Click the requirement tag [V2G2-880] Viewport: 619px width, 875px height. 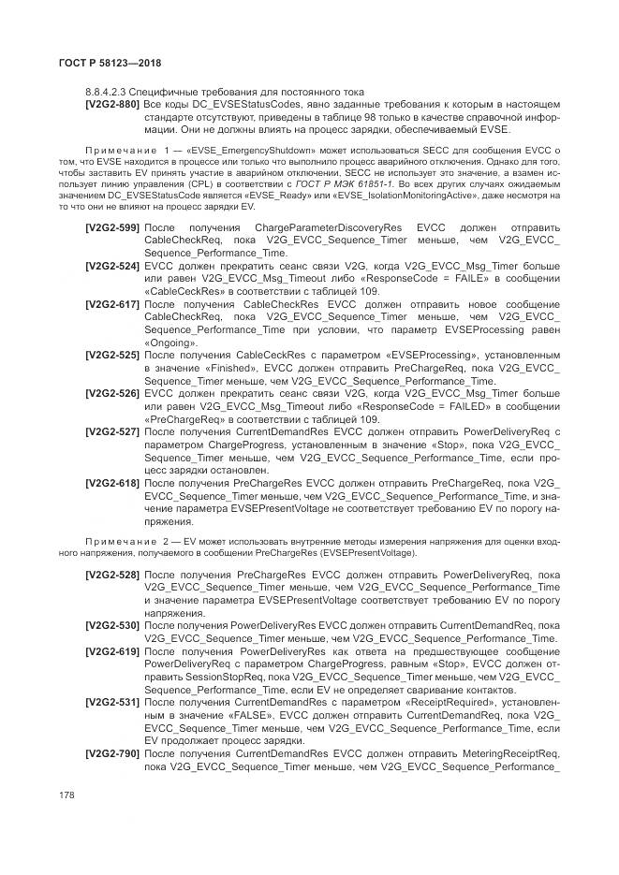pyautogui.click(x=112, y=103)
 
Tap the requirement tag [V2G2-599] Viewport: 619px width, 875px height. pyautogui.click(x=112, y=228)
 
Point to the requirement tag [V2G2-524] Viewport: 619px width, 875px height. pyautogui.click(x=112, y=267)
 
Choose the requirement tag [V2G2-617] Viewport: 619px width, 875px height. pyautogui.click(x=112, y=305)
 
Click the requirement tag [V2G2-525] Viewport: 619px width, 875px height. pyautogui.click(x=112, y=357)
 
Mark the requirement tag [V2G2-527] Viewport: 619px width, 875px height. pyautogui.click(x=112, y=432)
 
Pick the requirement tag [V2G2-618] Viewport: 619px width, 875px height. pyautogui.click(x=112, y=483)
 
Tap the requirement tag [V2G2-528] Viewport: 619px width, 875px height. pyautogui.click(x=112, y=575)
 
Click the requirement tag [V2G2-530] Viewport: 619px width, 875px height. pyautogui.click(x=112, y=625)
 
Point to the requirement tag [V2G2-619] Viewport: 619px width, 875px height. pyautogui.click(x=112, y=650)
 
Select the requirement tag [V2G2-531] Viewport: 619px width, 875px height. pyautogui.click(x=112, y=701)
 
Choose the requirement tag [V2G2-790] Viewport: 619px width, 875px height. pyautogui.click(x=112, y=752)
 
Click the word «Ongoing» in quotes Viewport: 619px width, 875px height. pyautogui.click(x=171, y=343)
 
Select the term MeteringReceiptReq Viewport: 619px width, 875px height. pyautogui.click(x=511, y=752)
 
